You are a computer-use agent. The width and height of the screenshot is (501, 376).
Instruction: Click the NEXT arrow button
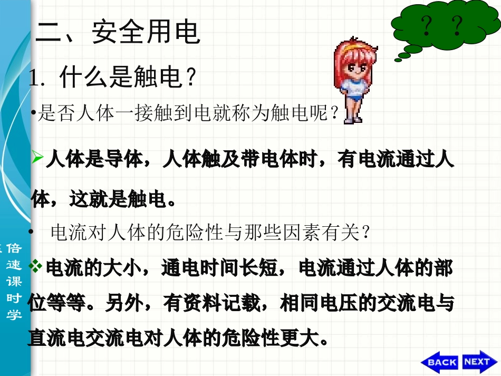click(x=478, y=361)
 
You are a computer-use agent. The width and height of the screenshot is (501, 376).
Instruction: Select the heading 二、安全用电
click(x=118, y=32)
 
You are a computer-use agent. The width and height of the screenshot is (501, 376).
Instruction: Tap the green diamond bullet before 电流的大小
click(x=37, y=267)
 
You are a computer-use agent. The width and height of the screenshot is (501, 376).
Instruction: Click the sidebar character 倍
click(x=14, y=248)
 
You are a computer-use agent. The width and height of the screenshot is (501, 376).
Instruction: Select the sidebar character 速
click(x=14, y=265)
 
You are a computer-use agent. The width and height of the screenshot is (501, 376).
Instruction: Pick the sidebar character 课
click(x=14, y=282)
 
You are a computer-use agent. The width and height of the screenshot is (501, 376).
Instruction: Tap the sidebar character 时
click(x=14, y=298)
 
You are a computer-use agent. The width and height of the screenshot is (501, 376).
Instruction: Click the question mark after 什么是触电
click(x=191, y=79)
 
